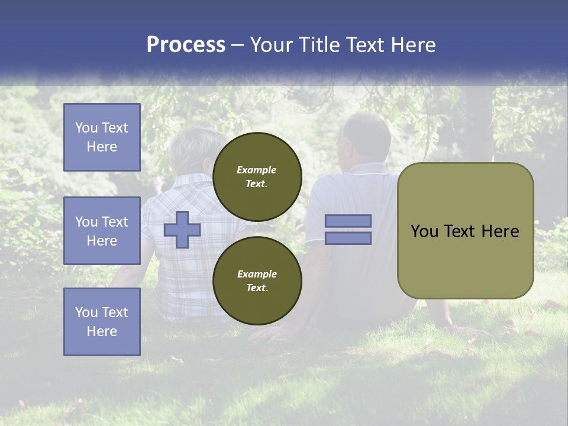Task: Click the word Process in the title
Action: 186,45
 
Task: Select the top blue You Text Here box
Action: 102,137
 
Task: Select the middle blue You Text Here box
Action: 102,231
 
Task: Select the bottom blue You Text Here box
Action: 102,321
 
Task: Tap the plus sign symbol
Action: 182,230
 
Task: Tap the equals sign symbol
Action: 348,230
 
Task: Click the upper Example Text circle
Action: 257,176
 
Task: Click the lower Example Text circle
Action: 257,280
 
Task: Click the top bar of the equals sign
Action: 348,221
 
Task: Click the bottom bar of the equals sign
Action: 348,238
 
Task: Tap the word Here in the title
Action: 414,45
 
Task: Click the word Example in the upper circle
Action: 257,170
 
